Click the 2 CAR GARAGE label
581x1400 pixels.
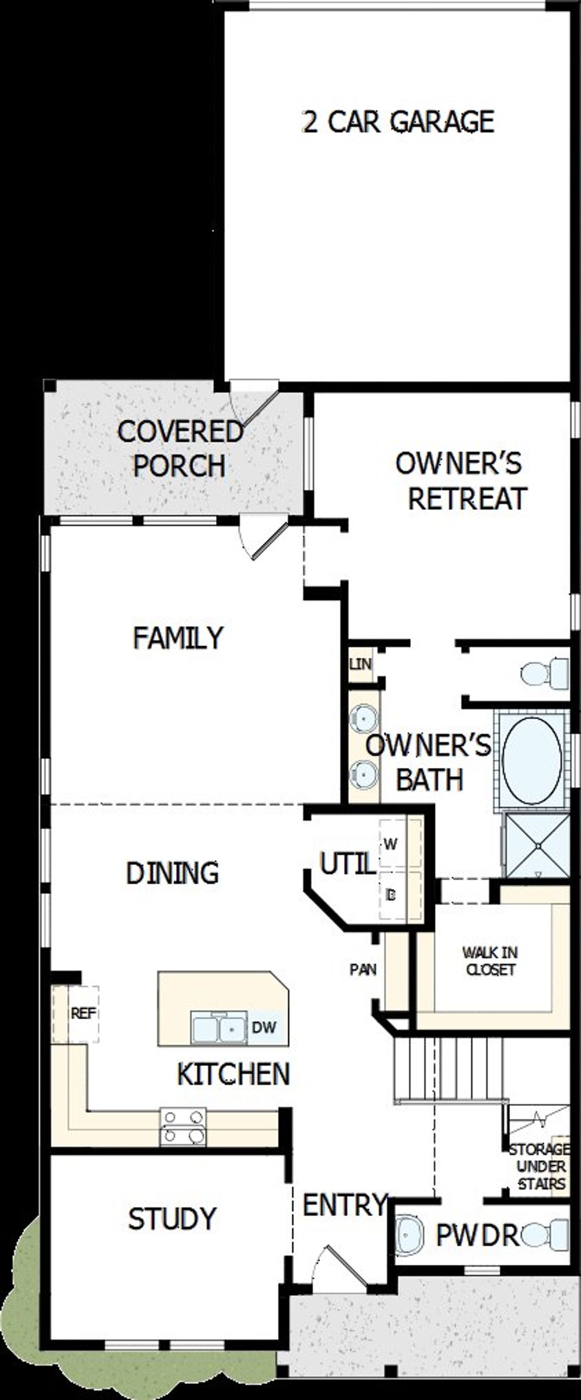[398, 122]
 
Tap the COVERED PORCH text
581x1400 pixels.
[180, 448]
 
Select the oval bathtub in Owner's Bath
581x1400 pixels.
[532, 760]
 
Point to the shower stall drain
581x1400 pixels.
[537, 846]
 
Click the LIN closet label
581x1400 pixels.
[360, 663]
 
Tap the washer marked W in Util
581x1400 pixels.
[391, 844]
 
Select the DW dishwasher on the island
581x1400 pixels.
[264, 1027]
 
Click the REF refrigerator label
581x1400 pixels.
[83, 1012]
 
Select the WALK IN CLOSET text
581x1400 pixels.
[490, 960]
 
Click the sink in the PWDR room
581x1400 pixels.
[408, 1235]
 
